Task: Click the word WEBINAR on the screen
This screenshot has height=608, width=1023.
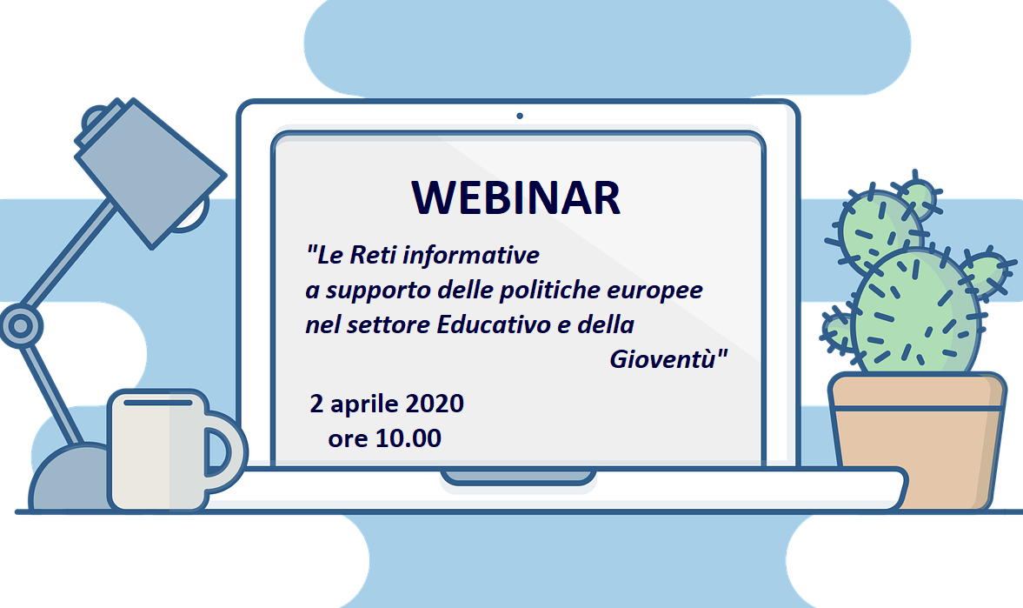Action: point(516,198)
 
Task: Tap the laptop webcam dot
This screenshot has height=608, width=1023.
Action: point(520,116)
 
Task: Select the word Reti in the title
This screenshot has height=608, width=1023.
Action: point(376,257)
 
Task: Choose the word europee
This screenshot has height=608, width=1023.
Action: point(659,292)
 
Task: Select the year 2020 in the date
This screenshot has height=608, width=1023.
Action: point(432,404)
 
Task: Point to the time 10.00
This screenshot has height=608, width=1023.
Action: point(409,439)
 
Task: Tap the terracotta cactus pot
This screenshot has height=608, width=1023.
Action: point(917,439)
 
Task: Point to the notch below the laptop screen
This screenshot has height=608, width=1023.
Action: point(518,477)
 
